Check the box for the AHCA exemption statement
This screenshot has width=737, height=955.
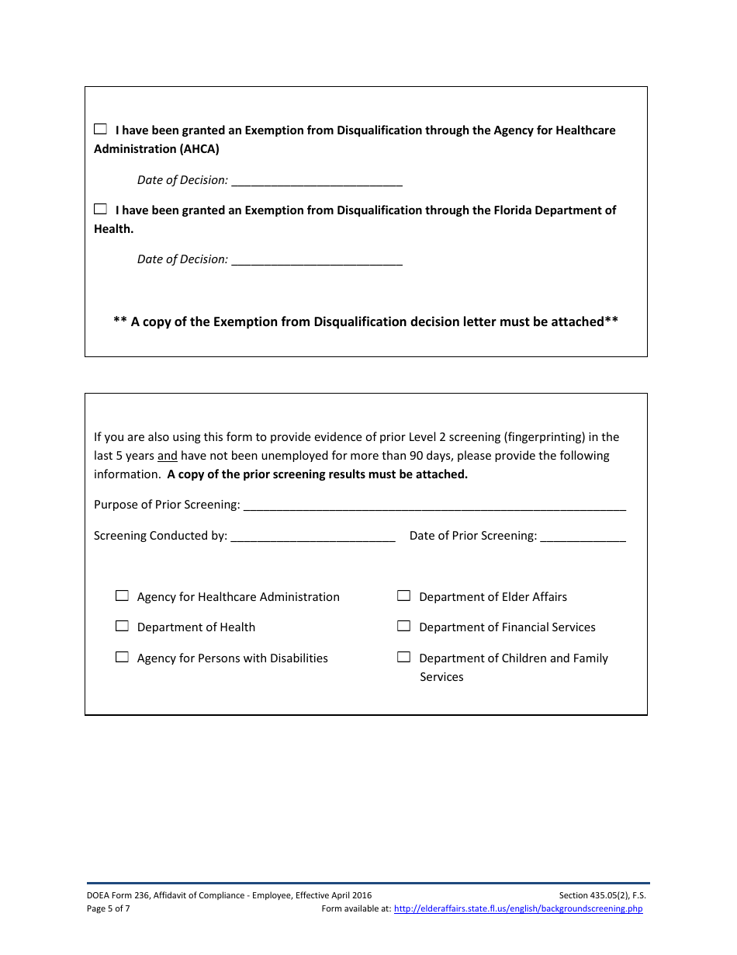(101, 130)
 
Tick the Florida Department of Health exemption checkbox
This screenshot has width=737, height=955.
(101, 209)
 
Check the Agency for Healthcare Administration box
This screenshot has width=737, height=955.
(122, 596)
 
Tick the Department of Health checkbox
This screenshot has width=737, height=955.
(122, 626)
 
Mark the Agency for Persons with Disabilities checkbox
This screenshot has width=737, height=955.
(122, 657)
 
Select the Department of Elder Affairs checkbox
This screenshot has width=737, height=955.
(403, 596)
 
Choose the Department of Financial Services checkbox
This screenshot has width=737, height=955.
(403, 626)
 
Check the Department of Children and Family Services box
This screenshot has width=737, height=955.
(403, 657)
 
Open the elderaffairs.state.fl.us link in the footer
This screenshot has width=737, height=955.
(518, 908)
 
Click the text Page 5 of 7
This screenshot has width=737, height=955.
(109, 908)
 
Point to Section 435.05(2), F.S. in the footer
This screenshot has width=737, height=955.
(602, 895)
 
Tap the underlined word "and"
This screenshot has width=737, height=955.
(168, 456)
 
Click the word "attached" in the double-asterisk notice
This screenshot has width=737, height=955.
(577, 321)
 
